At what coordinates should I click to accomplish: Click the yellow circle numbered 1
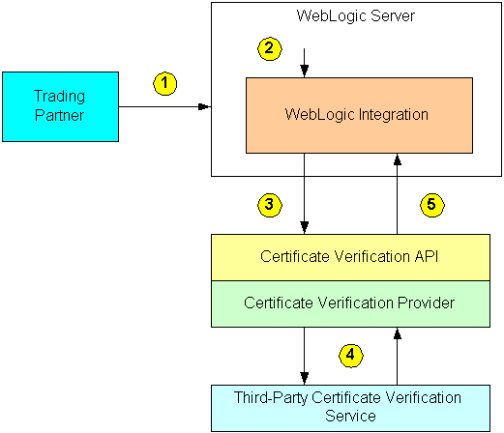coord(166,83)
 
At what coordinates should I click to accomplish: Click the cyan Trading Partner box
coord(60,105)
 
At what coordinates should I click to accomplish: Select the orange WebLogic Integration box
coord(359,114)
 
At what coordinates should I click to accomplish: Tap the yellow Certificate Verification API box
coord(357,256)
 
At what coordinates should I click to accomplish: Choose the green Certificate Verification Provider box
coord(357,303)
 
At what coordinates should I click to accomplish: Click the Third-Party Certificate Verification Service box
coord(357,407)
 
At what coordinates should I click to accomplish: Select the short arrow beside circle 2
coord(305,65)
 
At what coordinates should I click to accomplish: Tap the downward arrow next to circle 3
coord(305,193)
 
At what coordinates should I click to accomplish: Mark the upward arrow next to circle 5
coord(396,193)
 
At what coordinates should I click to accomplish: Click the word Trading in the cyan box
coord(60,97)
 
